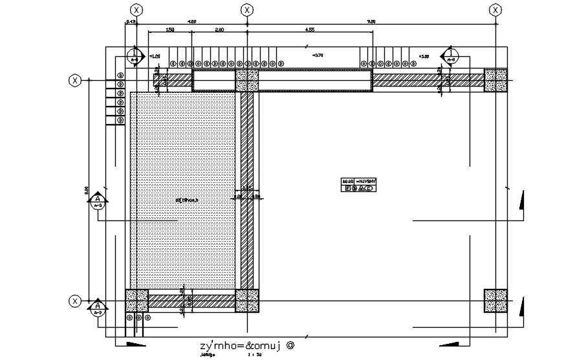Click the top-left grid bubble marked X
136,10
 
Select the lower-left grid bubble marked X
76,301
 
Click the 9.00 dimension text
371,22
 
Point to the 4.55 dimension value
310,30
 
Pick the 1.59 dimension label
169,30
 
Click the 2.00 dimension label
220,30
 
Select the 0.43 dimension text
131,22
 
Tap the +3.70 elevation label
317,56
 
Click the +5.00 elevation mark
424,57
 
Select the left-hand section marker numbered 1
134,56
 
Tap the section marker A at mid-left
98,202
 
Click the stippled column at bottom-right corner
495,301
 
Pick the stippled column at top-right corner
495,80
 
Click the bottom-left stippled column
137,301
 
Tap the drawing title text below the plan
246,345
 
